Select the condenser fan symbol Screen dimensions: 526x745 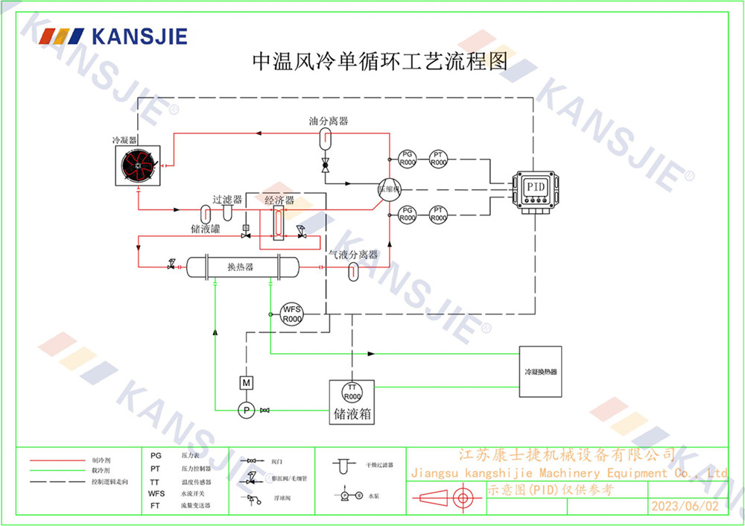coord(137,165)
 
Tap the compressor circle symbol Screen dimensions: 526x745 coord(388,188)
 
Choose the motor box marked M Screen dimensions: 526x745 coord(245,382)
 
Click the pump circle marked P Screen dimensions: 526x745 coord(245,409)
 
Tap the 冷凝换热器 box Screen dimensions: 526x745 coord(541,371)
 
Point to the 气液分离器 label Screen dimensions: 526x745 coord(354,255)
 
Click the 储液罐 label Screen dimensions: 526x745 coord(206,229)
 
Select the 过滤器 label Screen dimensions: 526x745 coord(227,200)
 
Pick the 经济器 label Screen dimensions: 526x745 coord(279,200)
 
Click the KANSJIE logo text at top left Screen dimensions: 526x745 coord(139,37)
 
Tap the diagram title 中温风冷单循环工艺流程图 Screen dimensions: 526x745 coord(380,61)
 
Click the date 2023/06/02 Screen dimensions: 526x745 coord(685,506)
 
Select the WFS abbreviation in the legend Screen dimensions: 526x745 coord(156,493)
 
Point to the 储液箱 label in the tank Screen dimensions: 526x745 coord(352,415)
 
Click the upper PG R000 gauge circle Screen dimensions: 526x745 coord(407,157)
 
